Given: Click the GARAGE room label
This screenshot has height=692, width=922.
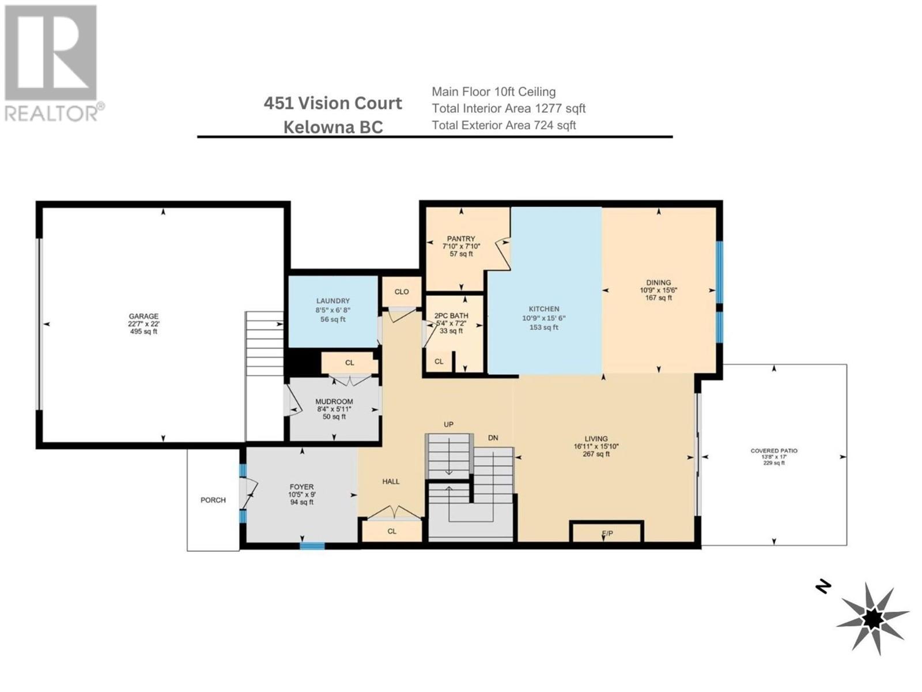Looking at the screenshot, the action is point(143,316).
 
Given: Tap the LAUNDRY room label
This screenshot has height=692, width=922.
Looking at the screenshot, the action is point(332,301).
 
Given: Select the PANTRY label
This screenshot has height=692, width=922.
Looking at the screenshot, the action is point(461,239).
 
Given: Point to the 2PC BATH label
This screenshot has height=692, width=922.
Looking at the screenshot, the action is point(451,315).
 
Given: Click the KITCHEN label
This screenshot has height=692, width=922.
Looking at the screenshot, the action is point(543,309).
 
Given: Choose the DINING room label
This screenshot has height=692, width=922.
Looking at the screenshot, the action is point(658,283).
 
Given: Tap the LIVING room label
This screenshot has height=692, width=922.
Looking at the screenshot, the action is point(596,439).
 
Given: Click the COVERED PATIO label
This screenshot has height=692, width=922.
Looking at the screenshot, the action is point(774,451).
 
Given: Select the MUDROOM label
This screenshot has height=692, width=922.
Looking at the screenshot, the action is point(334,401).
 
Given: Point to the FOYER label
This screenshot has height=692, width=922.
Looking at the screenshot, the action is point(301,487).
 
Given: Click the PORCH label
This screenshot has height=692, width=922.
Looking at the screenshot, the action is point(213,500).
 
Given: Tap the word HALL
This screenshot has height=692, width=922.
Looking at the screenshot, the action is point(391,482).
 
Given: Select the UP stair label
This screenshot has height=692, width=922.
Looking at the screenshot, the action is point(448,424).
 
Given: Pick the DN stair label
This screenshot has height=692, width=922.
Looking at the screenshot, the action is point(493,438).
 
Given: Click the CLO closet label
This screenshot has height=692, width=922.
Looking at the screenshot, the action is point(402,292).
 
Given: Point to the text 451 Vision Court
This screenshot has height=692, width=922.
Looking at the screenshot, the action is point(332,103).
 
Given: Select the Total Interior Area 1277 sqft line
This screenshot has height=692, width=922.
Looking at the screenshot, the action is point(509,108).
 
